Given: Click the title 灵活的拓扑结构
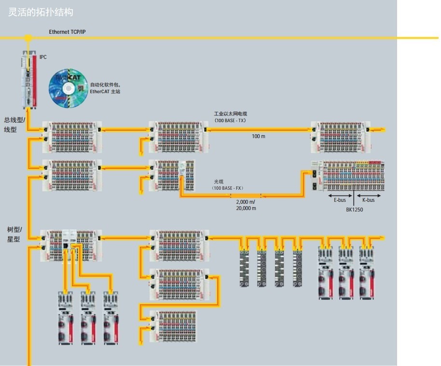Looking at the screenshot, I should pos(41,12).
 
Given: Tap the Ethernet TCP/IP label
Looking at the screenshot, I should pos(68,32).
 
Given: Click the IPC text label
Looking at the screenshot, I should pos(43,57).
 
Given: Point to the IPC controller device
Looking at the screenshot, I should pos(28,80).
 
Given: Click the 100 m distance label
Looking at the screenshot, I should pos(259,137).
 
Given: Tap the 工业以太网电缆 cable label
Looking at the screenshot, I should pos(231,114).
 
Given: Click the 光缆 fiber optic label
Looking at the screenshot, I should pos(219,182).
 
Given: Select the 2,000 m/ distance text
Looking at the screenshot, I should pos(246,202).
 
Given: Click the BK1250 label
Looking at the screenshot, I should pos(355,210).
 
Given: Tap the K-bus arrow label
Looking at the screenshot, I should pos(369,200).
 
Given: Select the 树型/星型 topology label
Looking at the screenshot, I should pos(14,234).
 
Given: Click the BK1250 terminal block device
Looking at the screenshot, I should pos(347,176).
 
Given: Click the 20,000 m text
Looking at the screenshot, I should pos(246,208).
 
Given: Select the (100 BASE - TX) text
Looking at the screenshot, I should pos(230,120).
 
